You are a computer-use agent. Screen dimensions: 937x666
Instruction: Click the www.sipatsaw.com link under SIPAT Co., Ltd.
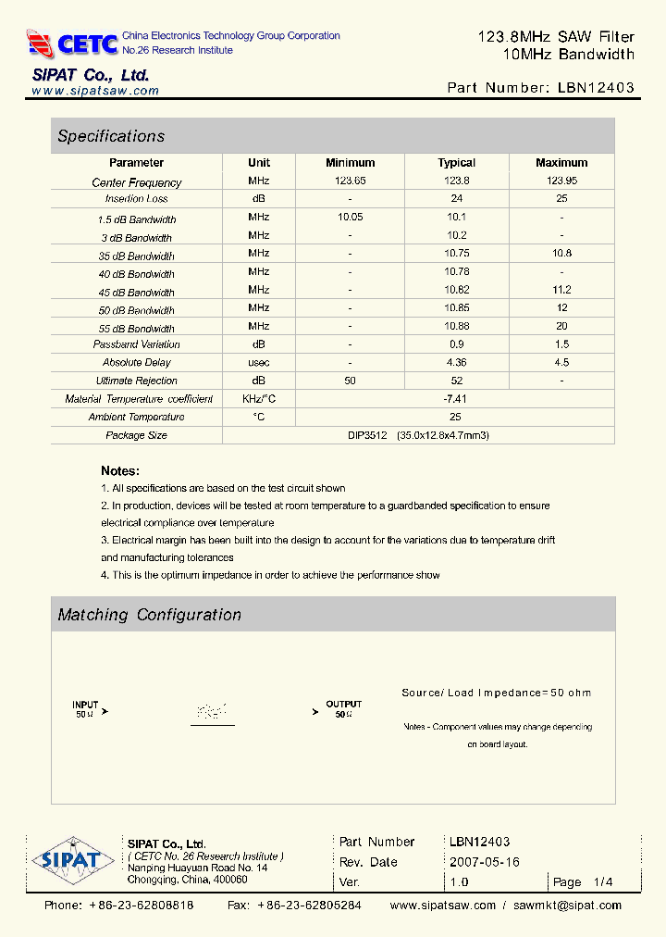click(95, 91)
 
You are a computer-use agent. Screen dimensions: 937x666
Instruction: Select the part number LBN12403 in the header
click(596, 88)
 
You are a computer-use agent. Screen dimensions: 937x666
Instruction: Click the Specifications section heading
click(111, 136)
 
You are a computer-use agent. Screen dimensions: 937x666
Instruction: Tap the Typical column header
click(456, 163)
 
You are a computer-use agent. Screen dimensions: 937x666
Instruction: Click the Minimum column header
click(350, 163)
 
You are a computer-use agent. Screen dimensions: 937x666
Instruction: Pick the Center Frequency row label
click(137, 182)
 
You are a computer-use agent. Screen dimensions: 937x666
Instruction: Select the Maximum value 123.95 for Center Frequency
click(561, 181)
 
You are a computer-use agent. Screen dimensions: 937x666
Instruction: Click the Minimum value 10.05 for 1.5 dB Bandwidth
click(350, 217)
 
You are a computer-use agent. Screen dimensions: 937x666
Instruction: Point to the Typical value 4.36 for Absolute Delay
click(456, 362)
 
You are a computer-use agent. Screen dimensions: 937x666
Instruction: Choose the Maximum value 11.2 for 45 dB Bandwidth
click(561, 290)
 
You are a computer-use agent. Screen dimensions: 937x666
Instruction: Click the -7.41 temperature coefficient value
click(456, 398)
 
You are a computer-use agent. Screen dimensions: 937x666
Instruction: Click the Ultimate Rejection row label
click(137, 381)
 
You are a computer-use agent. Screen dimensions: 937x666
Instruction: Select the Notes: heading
click(120, 470)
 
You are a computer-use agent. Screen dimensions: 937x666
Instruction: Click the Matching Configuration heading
click(149, 615)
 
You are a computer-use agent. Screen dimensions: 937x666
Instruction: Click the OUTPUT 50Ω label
click(343, 709)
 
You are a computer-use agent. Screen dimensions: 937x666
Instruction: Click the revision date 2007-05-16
click(485, 862)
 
